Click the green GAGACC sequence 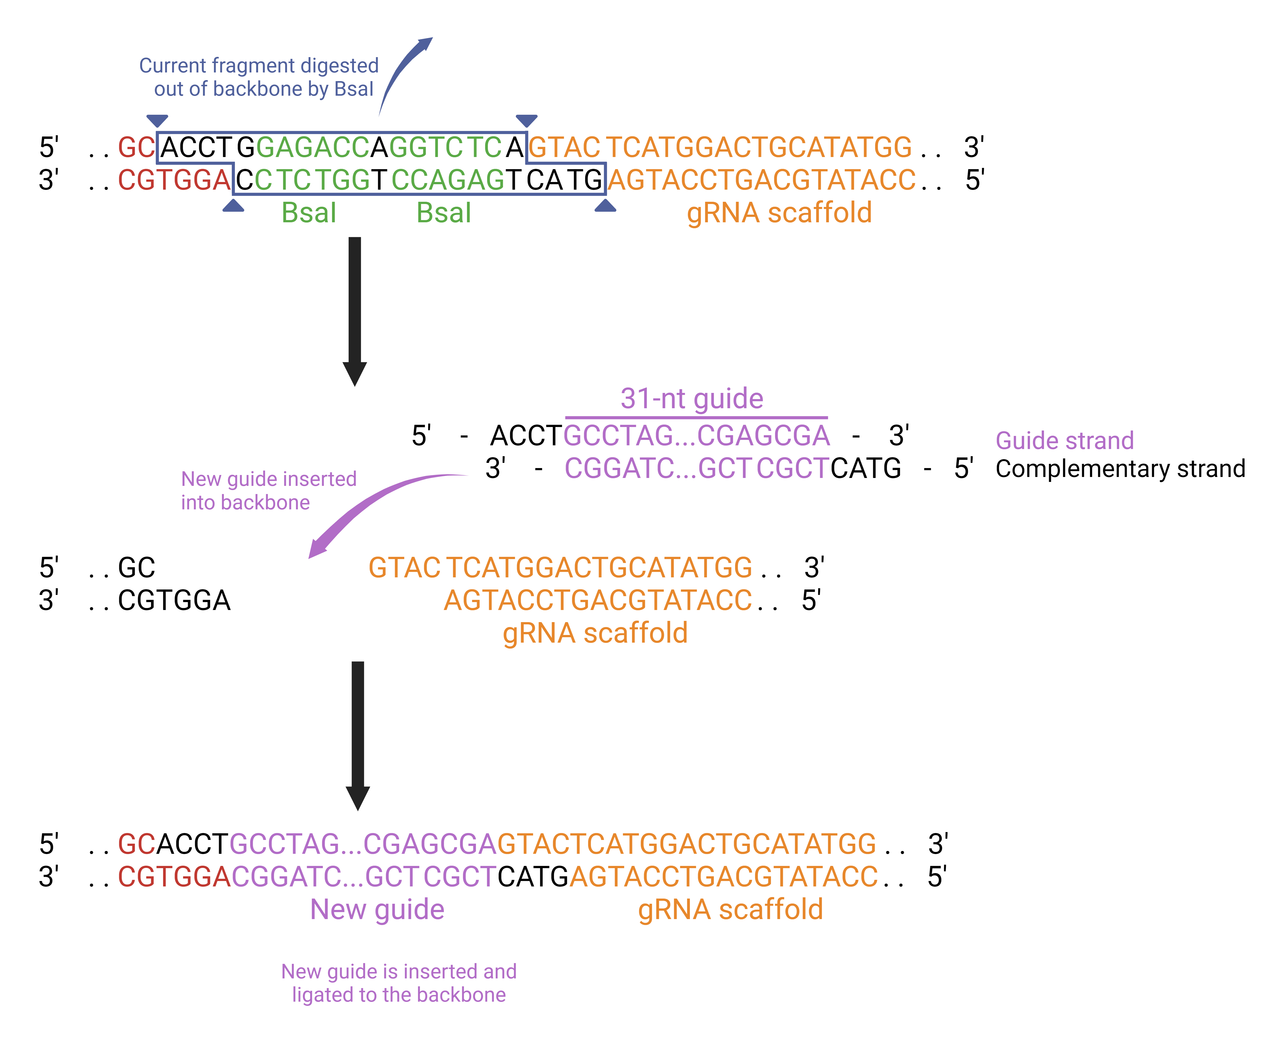point(313,147)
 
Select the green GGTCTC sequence point(445,147)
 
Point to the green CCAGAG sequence point(448,180)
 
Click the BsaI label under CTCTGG point(309,213)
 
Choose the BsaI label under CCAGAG point(444,213)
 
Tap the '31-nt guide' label point(692,399)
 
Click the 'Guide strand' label point(1064,440)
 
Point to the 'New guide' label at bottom point(377,910)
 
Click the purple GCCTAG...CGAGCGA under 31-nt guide point(696,436)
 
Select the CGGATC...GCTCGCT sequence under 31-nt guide point(696,468)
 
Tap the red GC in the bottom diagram point(137,844)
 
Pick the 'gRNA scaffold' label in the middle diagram point(595,633)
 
